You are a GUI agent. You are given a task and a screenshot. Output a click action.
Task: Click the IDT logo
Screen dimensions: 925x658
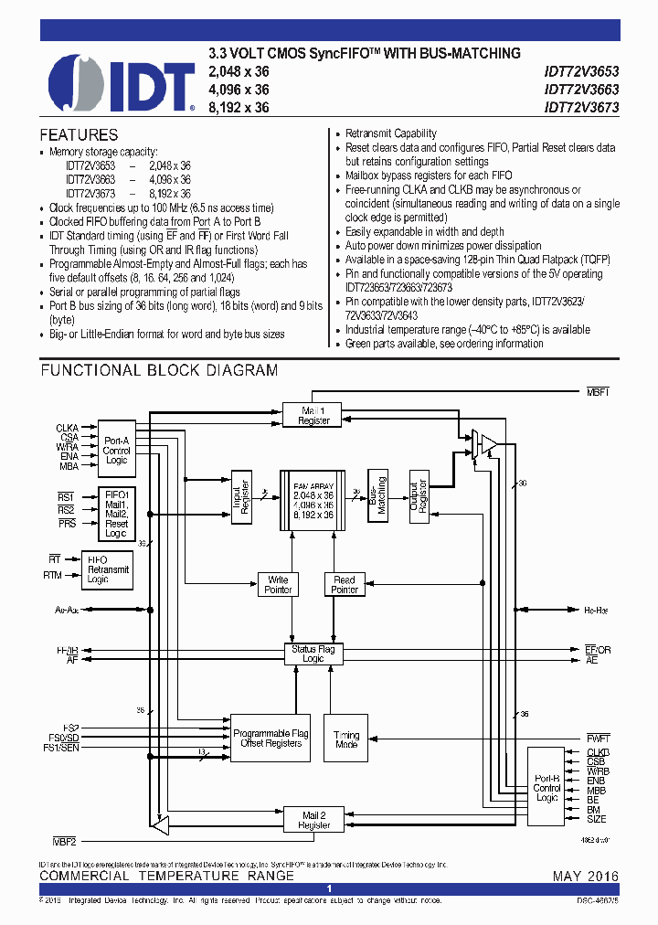[121, 81]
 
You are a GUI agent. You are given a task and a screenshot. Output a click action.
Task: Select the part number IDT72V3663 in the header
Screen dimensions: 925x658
[581, 90]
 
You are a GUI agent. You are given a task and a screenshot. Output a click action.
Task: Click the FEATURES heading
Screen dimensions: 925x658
[79, 134]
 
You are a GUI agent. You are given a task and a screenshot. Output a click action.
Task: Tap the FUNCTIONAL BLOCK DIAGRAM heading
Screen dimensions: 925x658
[159, 370]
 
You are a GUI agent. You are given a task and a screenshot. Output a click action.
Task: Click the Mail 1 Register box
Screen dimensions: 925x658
[313, 416]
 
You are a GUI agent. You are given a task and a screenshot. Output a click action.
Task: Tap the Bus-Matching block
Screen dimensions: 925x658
[378, 496]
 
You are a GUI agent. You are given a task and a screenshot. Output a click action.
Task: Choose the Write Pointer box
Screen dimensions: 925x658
[278, 585]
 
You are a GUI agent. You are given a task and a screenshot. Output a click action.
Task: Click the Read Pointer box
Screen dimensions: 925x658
[345, 585]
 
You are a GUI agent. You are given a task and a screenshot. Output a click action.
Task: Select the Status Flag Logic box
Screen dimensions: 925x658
[313, 654]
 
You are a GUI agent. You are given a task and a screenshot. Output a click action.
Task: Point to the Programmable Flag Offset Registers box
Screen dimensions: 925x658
[270, 739]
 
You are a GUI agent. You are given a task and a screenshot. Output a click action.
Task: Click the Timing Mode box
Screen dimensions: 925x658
[346, 739]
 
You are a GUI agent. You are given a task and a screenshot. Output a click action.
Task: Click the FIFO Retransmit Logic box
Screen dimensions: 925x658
[108, 569]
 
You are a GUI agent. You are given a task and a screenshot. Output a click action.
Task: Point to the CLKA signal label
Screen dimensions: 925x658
[68, 427]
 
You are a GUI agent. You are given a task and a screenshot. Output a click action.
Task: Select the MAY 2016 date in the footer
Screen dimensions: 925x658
[585, 877]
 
